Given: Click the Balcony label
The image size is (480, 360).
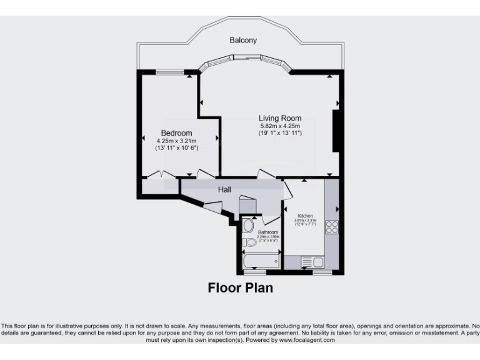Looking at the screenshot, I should click(x=243, y=40).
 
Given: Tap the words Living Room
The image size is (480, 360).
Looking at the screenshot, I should click(x=281, y=118).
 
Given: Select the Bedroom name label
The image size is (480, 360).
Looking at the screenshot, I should click(x=176, y=133).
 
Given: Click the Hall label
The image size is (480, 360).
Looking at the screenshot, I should click(x=225, y=189).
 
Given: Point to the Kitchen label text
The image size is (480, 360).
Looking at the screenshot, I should click(x=306, y=216).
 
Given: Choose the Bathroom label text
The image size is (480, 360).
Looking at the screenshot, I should click(x=267, y=232).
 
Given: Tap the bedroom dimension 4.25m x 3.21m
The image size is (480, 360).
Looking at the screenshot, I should click(x=176, y=141).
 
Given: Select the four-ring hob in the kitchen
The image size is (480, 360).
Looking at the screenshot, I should click(x=332, y=227).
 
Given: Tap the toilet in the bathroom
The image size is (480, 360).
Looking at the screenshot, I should click(x=251, y=242).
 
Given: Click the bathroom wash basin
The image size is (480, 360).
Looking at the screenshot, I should click(x=248, y=226).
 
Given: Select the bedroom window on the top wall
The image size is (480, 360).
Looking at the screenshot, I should click(x=169, y=72).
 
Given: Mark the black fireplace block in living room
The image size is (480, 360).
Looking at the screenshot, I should click(x=336, y=131).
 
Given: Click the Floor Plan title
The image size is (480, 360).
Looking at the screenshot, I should click(x=240, y=288).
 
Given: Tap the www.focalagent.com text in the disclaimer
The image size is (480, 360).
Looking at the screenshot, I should click(x=306, y=341).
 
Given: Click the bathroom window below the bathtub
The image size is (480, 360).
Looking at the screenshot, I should click(x=254, y=272).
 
